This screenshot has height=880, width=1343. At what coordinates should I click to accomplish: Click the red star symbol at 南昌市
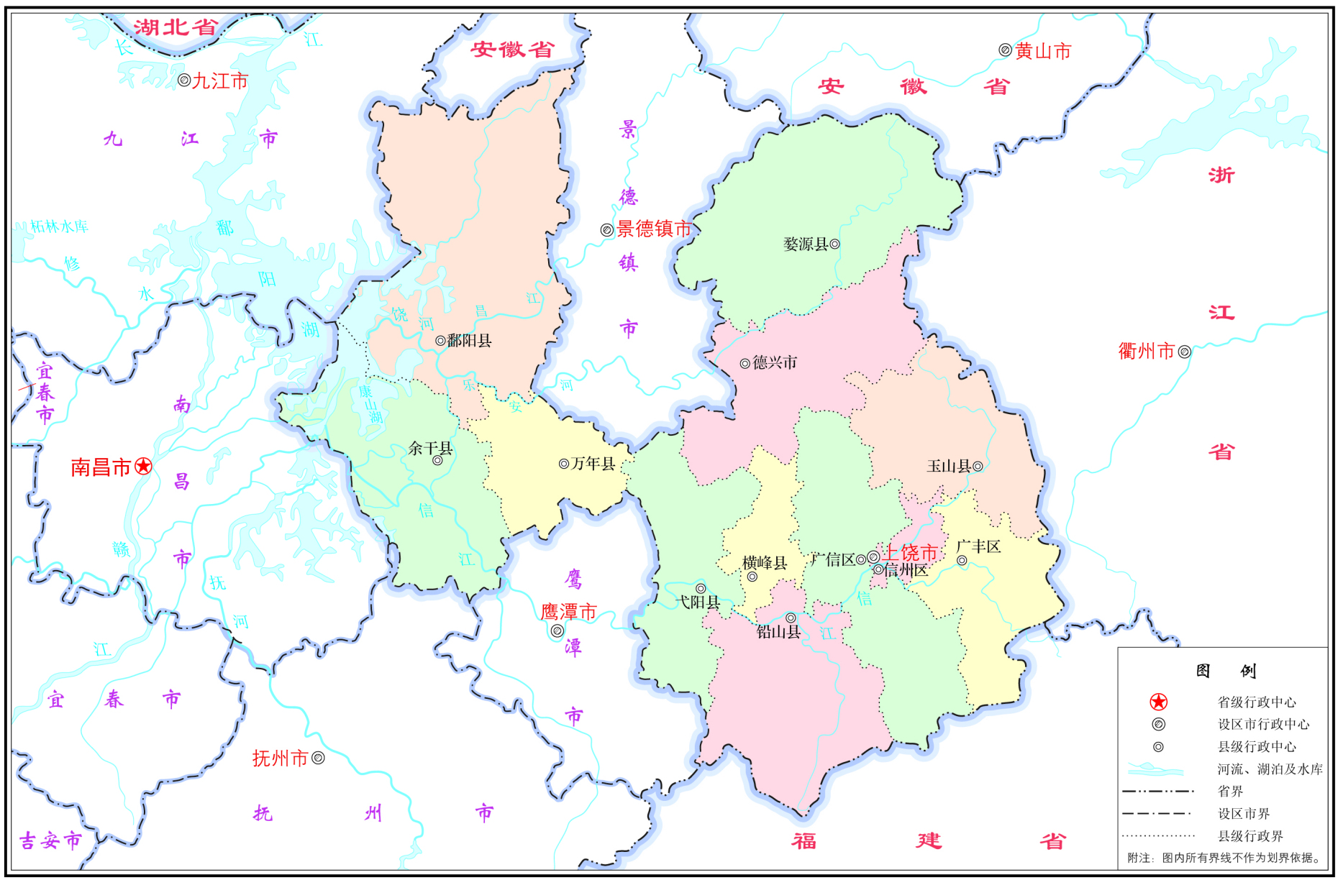click(144, 466)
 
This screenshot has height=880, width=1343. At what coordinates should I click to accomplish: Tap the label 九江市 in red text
click(220, 81)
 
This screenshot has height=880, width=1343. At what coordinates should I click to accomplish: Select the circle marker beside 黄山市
click(1005, 50)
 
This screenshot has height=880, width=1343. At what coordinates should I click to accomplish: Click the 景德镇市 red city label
click(653, 229)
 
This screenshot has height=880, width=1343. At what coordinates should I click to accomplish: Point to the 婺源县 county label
click(806, 244)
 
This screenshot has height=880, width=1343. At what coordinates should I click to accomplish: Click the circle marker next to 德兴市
click(745, 363)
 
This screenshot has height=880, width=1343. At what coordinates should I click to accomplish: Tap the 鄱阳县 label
click(469, 341)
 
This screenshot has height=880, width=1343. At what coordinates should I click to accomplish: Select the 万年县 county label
click(593, 464)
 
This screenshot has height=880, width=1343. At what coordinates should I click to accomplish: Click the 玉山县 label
click(949, 467)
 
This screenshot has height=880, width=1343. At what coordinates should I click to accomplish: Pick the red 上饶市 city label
click(910, 552)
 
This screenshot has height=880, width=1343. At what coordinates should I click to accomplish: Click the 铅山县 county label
click(778, 632)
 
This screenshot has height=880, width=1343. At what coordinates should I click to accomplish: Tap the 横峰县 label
click(764, 563)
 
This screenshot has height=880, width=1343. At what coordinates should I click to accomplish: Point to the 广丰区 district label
click(978, 546)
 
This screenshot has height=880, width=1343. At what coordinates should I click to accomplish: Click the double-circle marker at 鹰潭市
click(557, 631)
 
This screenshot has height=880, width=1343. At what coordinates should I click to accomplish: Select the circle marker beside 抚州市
click(318, 758)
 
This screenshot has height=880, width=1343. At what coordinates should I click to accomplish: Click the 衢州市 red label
click(1146, 351)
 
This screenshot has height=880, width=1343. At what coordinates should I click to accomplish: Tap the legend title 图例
click(1225, 671)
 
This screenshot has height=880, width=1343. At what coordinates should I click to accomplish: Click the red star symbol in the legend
click(1158, 702)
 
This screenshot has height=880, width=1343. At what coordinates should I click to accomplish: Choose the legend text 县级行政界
click(1250, 836)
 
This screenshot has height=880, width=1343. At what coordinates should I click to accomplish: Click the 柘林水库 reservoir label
click(59, 226)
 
